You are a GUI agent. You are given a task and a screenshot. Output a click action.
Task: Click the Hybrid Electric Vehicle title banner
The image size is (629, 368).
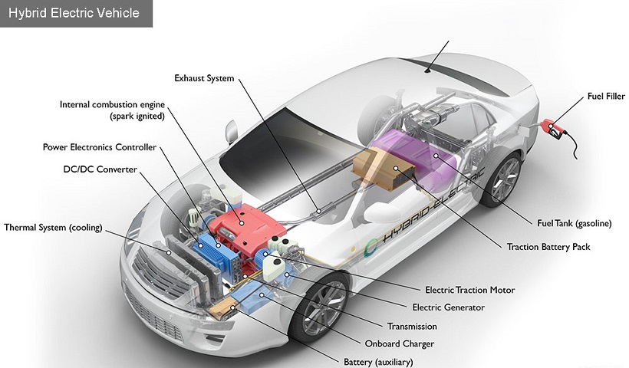tap(76, 13)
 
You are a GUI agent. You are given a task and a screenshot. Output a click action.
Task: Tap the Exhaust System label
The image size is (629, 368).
tap(204, 78)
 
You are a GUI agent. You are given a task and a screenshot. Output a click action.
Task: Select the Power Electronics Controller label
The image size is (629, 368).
tap(100, 147)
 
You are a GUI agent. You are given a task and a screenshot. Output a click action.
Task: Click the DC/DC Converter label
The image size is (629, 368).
tap(100, 169)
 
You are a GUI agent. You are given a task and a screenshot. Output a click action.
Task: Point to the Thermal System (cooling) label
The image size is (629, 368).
tap(53, 228)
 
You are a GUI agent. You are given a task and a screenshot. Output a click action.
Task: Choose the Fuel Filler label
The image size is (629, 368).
tap(606, 96)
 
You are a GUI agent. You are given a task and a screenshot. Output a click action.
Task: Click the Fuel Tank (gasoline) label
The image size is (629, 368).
tap(575, 223)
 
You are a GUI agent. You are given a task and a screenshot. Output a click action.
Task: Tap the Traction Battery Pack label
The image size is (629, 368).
tap(548, 247)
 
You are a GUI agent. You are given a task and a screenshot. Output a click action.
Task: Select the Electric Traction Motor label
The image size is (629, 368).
tap(469, 290)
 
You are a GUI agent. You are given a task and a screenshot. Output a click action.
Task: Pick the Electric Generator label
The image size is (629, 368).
tap(449, 307)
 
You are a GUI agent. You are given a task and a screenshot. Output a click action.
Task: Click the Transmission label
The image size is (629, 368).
tap(412, 327)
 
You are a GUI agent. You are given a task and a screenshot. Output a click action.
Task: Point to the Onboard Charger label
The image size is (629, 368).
tap(400, 344)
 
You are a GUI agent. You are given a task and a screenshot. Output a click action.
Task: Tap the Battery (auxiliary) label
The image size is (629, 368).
tap(378, 362)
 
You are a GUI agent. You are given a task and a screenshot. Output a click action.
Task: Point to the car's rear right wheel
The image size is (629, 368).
tap(502, 179)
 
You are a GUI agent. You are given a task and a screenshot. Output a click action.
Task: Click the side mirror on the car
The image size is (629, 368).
tap(232, 132)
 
